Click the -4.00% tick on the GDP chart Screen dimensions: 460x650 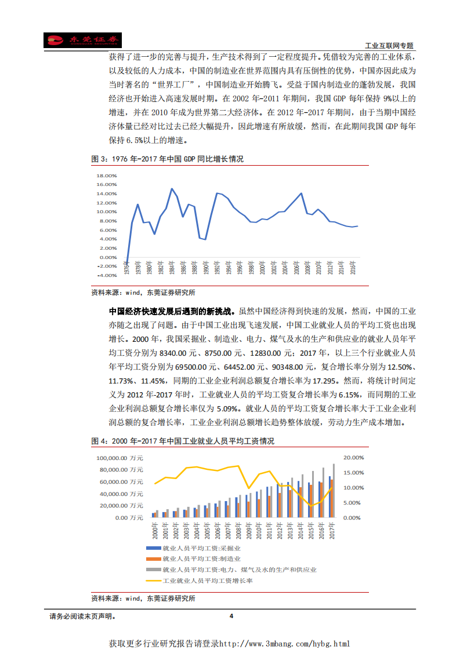click(x=107, y=275)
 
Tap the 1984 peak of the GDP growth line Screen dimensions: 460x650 click(x=172, y=189)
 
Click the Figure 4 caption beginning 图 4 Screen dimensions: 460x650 click(x=183, y=441)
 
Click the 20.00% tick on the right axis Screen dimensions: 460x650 click(x=353, y=458)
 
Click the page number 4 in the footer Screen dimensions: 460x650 click(x=231, y=616)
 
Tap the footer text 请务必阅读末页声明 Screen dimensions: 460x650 click(x=82, y=616)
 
